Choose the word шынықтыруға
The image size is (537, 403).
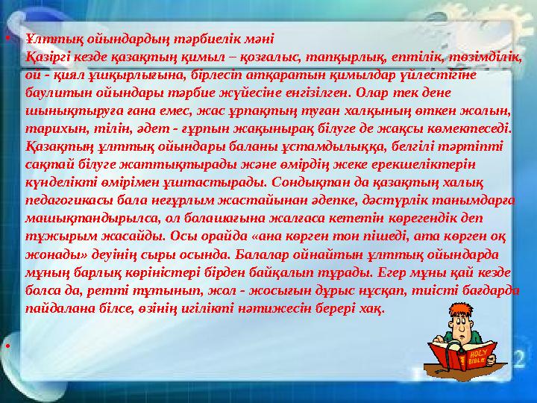63,110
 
